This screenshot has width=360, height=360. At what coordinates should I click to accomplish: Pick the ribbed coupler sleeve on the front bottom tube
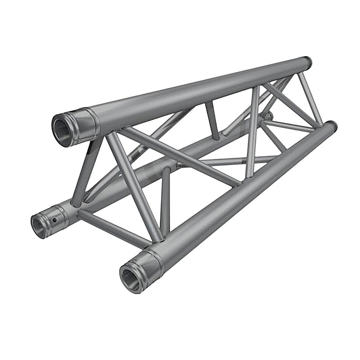click(x=150, y=264)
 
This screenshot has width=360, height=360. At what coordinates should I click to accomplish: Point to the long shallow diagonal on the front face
click(x=180, y=157)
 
